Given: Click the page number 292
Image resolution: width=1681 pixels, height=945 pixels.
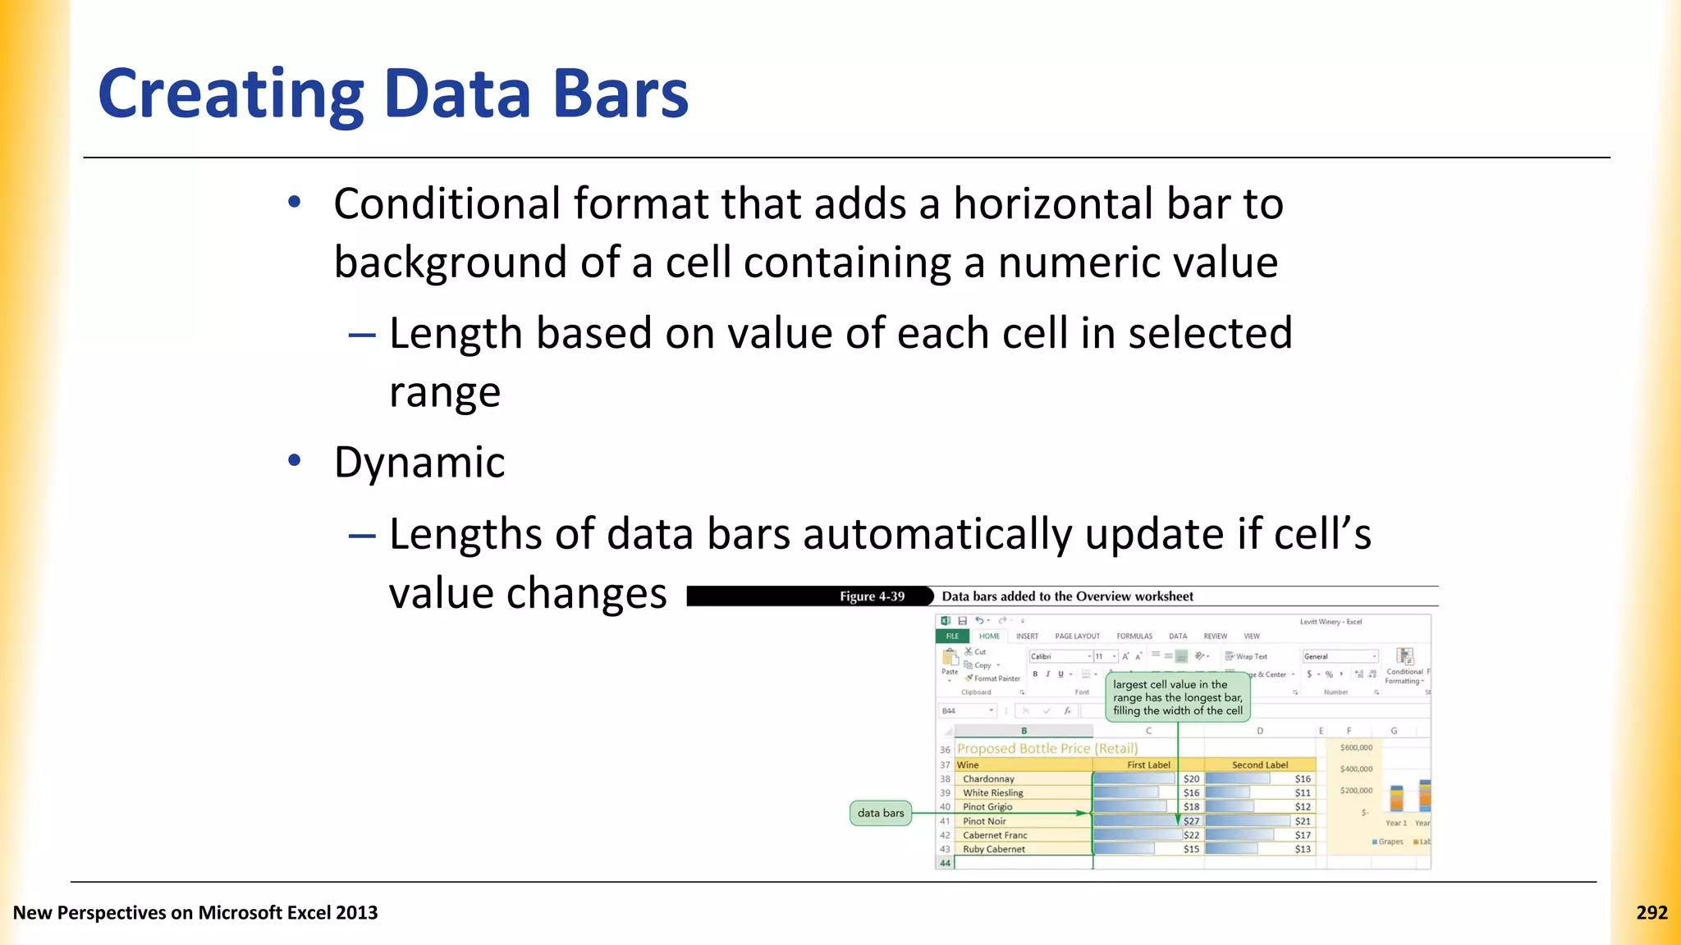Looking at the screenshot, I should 1651,912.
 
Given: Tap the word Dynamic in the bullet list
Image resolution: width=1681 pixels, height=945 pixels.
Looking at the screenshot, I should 419,462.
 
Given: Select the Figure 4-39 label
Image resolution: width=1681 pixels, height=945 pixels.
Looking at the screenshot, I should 872,596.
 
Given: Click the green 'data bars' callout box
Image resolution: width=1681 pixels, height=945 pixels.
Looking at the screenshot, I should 880,813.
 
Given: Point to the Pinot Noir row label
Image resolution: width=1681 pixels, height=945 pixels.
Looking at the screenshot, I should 984,821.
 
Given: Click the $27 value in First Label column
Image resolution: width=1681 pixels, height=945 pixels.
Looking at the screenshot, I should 1191,821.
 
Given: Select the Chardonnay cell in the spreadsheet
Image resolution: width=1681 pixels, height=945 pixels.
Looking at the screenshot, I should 988,778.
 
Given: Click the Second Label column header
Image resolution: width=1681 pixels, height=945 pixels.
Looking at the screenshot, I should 1259,765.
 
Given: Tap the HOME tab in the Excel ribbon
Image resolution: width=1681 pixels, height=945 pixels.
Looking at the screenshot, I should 989,636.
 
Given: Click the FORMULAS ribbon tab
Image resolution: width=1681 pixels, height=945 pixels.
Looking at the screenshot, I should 1134,636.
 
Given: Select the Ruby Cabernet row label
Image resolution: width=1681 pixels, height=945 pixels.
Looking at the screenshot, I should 993,849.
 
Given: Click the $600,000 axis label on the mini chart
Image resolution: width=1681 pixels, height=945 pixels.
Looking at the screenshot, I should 1356,747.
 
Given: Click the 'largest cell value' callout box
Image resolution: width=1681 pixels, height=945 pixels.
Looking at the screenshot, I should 1177,697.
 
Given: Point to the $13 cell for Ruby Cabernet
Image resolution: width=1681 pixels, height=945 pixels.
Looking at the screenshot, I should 1302,849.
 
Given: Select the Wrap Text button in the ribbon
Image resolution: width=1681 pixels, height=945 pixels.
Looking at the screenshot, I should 1246,656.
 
